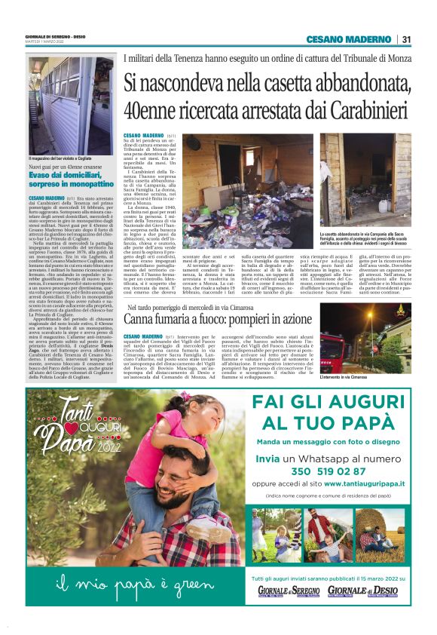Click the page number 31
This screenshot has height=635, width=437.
coord(406,39)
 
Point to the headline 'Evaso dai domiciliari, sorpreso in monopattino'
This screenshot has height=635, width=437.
coord(70,179)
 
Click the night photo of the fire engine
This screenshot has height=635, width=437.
coord(365,337)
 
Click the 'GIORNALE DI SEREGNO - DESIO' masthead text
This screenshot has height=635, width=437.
coord(56,36)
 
